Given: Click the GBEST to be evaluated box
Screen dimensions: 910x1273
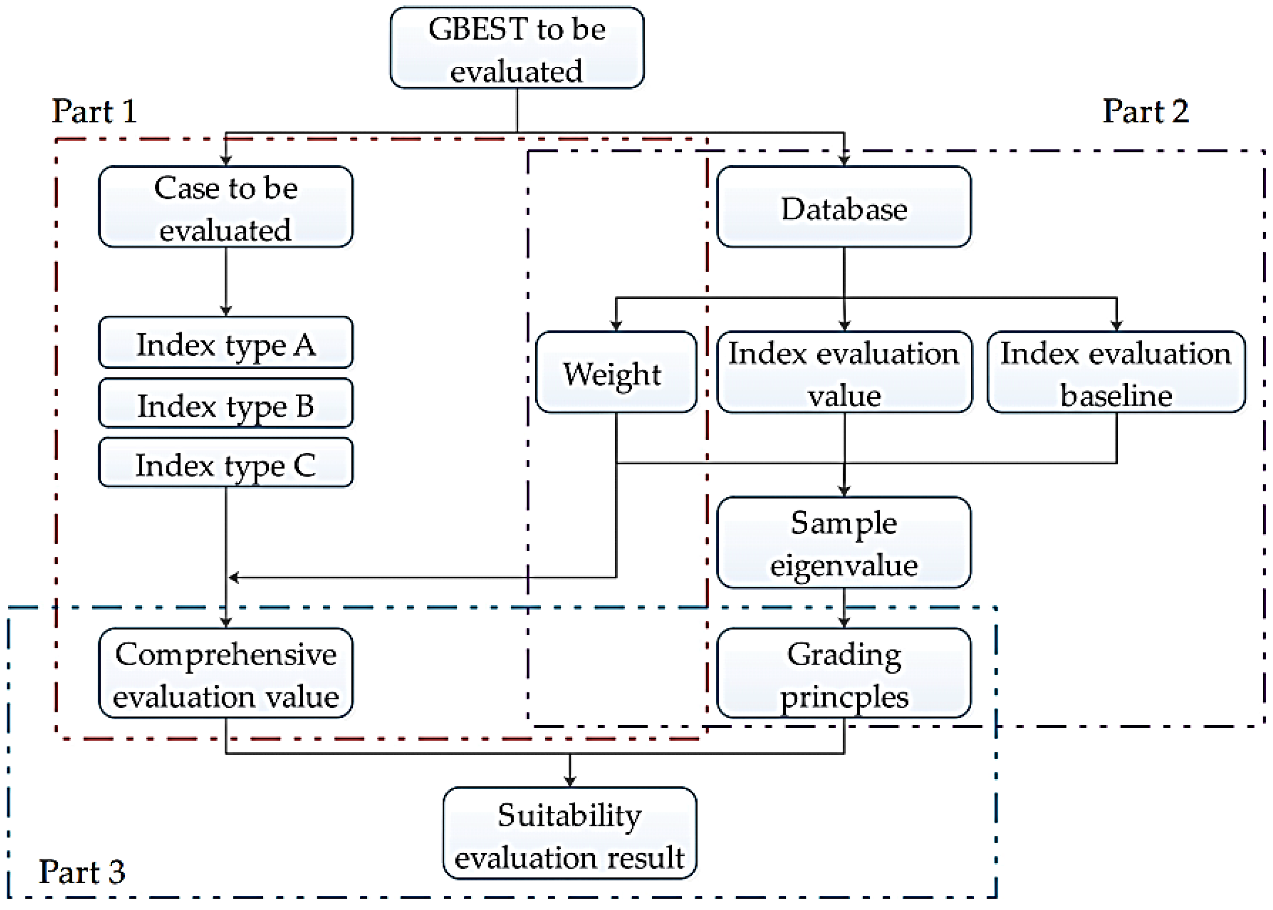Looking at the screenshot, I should point(516,48).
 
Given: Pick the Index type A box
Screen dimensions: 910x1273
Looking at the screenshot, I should point(226,343).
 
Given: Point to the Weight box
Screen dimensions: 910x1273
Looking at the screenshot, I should point(616,373).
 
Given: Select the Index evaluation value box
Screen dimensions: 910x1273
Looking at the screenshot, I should point(844,373).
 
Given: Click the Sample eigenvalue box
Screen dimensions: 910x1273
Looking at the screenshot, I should point(844,543).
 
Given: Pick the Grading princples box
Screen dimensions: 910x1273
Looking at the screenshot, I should point(844,673).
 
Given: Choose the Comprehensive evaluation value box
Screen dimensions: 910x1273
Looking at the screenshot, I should point(226,673).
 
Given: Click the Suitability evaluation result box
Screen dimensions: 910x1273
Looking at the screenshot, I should point(570,833).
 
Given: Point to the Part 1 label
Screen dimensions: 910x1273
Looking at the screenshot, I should point(94,111).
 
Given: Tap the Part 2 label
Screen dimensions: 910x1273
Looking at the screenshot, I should point(1145,111).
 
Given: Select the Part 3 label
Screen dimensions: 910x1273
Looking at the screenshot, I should point(82,872).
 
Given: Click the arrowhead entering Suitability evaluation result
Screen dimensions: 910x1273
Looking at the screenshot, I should point(570,781).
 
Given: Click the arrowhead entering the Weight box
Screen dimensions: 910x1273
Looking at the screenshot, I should point(616,326).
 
